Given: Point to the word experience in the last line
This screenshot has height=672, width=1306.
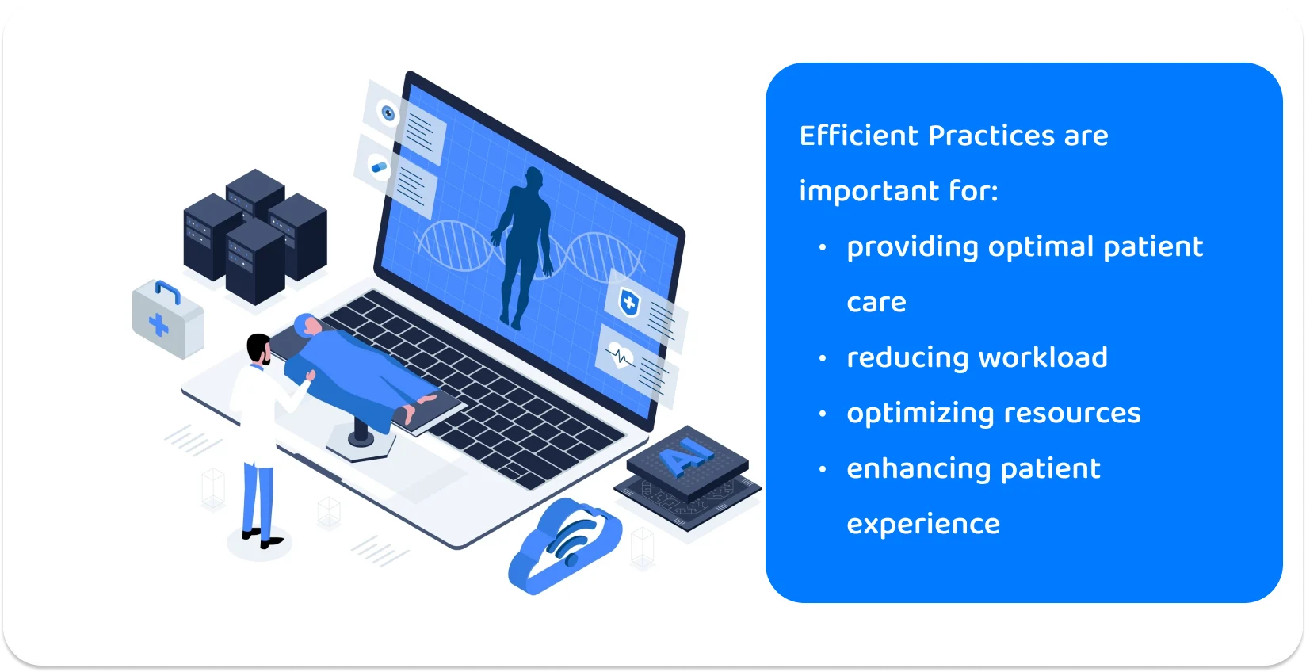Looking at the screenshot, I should pyautogui.click(x=923, y=524).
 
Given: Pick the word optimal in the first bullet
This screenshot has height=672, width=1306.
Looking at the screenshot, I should pyautogui.click(x=1041, y=247).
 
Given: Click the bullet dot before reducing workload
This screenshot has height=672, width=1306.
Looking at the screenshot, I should pyautogui.click(x=823, y=358).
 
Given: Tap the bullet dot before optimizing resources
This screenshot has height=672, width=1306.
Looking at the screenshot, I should pyautogui.click(x=823, y=414).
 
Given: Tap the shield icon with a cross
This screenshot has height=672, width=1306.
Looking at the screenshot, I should pyautogui.click(x=629, y=302).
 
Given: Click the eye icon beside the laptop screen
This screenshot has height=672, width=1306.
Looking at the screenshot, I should pyautogui.click(x=388, y=113).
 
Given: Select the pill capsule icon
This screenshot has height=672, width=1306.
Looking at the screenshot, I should pyautogui.click(x=379, y=167).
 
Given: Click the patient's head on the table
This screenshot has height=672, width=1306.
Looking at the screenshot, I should pyautogui.click(x=304, y=324).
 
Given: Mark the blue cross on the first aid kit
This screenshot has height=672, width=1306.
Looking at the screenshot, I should pyautogui.click(x=158, y=325).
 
